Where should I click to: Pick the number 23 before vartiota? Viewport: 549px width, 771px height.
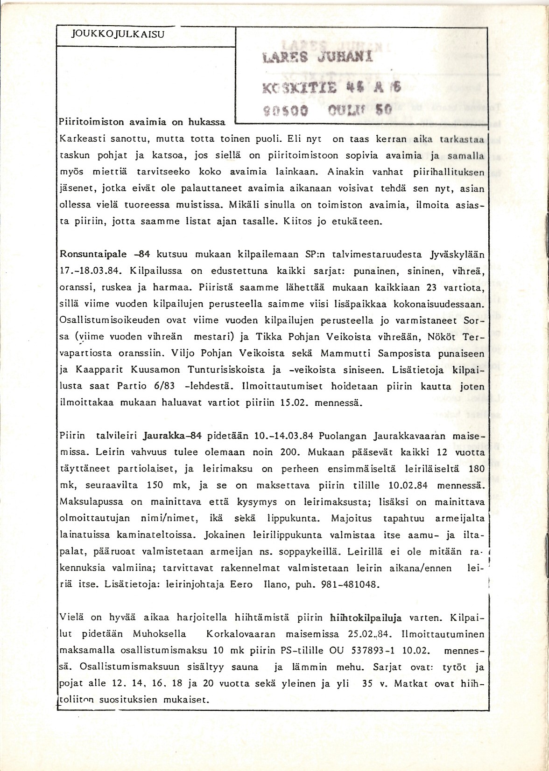pyautogui.click(x=432, y=288)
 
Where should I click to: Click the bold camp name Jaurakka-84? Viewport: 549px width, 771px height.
pyautogui.click(x=173, y=436)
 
